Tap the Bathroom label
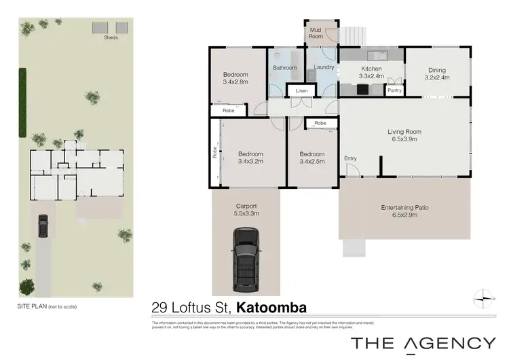tap(285, 68)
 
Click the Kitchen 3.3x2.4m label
tap(371, 73)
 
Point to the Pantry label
tap(394, 90)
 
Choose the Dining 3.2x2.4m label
tap(436, 73)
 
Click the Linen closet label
tap(301, 91)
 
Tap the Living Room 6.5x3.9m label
tap(404, 135)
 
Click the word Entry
tap(350, 158)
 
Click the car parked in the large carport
tap(245, 258)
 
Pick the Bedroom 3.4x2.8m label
tap(235, 77)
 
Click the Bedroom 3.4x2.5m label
tap(312, 158)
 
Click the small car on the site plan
tap(43, 225)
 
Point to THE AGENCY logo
tap(423, 343)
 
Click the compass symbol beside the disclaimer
tap(482, 296)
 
